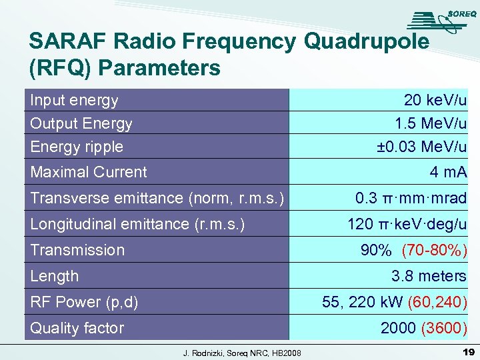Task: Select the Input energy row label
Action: (74, 101)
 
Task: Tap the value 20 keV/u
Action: (435, 101)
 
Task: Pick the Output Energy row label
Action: (81, 123)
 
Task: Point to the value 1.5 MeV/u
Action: (431, 123)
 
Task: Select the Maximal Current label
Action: (89, 172)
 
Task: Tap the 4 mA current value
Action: (448, 172)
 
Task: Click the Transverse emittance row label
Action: (157, 198)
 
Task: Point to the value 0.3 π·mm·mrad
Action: (411, 198)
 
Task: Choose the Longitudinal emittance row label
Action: (137, 224)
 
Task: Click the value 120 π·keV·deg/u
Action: (407, 224)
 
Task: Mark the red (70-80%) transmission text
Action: (434, 250)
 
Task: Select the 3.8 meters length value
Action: (429, 276)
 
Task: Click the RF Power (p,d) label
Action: (84, 302)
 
